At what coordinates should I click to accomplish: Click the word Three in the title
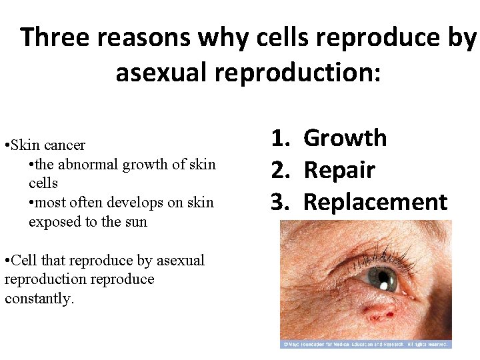click(x=55, y=39)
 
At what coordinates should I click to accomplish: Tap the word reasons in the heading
click(x=146, y=39)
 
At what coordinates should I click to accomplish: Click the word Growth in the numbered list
click(x=345, y=138)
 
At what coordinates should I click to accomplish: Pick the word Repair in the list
click(x=339, y=170)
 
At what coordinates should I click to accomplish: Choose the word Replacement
click(x=375, y=202)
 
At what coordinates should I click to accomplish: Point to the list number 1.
click(x=279, y=138)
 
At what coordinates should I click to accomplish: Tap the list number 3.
click(x=279, y=202)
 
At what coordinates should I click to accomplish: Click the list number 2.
click(x=279, y=170)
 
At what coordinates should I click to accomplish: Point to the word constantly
click(x=39, y=299)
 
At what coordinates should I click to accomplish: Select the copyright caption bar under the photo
click(x=366, y=344)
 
